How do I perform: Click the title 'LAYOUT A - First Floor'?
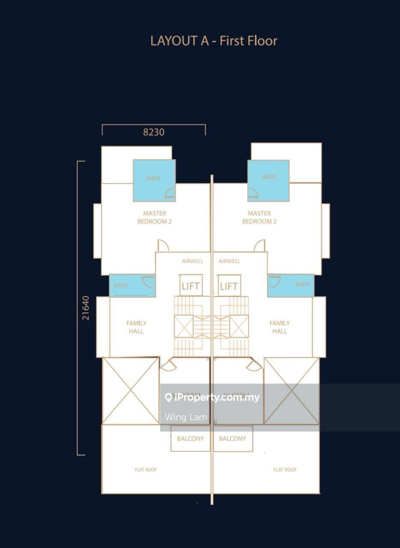214,41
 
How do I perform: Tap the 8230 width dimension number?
153,132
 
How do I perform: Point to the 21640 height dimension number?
86,308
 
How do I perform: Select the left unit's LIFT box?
191,286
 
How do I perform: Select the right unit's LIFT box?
229,286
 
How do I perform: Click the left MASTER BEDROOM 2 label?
155,217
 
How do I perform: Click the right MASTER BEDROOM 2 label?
259,217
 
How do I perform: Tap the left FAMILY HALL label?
136,327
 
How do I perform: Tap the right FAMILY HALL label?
280,327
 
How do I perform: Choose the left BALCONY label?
191,438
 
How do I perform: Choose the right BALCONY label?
233,438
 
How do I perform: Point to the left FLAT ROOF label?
146,470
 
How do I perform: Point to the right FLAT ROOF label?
285,470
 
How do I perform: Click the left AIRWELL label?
192,261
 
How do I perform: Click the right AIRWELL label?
229,261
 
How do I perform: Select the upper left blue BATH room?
154,180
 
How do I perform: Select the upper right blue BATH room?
269,180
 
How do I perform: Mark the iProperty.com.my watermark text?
212,398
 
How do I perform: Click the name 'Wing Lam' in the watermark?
186,417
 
